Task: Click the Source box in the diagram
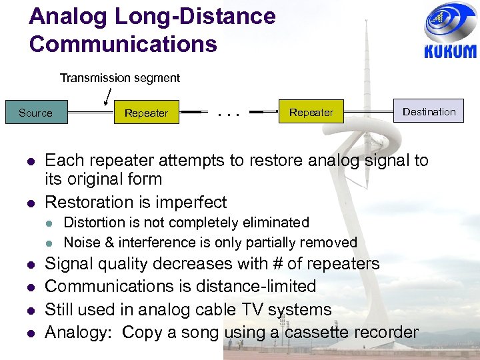tap(35, 113)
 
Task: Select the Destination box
tap(429, 111)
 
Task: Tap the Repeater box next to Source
tap(146, 113)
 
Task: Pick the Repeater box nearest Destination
tap(311, 112)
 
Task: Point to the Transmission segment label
tap(120, 78)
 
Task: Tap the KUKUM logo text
tap(450, 51)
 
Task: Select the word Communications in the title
tap(123, 44)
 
